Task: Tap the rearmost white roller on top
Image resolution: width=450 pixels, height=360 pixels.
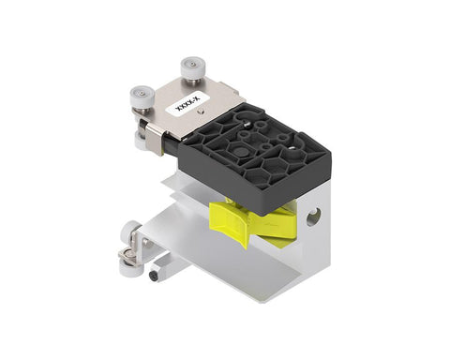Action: click(191, 66)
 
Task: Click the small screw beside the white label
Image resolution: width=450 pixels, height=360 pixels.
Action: click(201, 111)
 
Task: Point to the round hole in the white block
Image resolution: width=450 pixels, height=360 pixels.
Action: click(313, 217)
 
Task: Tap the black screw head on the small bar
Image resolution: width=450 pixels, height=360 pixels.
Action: click(155, 276)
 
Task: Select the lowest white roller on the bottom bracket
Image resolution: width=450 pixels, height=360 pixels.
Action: click(128, 267)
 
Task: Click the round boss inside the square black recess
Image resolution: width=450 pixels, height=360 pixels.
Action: click(242, 152)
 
